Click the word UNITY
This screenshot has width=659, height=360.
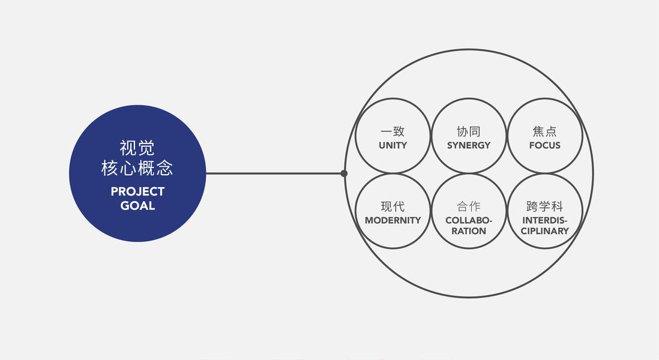coord(393,145)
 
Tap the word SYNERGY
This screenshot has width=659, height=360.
coord(469,145)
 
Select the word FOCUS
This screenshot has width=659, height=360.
coord(545,145)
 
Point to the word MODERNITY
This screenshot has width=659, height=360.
coord(393,220)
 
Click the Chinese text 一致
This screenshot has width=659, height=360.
coord(393,131)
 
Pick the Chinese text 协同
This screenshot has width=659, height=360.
coord(469,131)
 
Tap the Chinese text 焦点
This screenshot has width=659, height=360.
coord(545,131)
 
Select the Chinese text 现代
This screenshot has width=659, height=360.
coord(393,206)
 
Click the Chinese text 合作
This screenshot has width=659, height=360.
coord(469,206)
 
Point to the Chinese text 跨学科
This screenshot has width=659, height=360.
coord(545,206)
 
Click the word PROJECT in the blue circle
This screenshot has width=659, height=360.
coord(137,192)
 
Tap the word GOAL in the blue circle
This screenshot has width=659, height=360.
coord(137,206)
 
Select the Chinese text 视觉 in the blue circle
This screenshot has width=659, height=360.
coord(137,148)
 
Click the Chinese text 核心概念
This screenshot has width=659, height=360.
coord(137,169)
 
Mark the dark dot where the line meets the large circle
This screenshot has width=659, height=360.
coord(344,173)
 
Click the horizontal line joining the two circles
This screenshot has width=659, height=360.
coord(273,173)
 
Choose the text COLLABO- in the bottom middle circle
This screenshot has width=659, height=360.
coord(469,220)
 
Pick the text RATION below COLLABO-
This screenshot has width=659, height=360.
coord(469,231)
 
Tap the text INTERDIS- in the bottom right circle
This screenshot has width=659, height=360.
coord(545,220)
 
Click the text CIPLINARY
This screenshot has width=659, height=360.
coord(545,231)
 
